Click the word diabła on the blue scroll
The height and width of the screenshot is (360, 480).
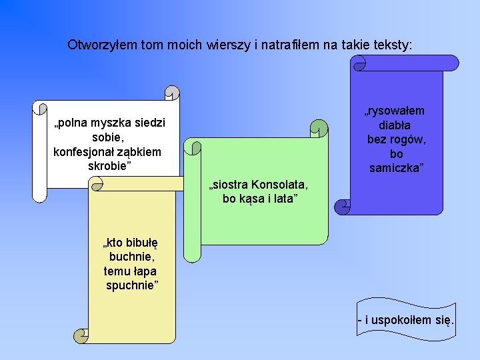pos(395,125)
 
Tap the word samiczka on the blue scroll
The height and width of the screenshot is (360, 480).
pos(396,167)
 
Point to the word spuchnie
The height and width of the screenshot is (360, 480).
pos(132,285)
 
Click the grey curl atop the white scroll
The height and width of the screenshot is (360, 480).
pos(172,93)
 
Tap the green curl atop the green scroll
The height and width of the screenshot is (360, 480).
pos(320,127)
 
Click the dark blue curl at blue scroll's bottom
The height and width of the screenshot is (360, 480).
pos(343,207)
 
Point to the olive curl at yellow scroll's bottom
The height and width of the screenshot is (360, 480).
pos(81,335)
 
